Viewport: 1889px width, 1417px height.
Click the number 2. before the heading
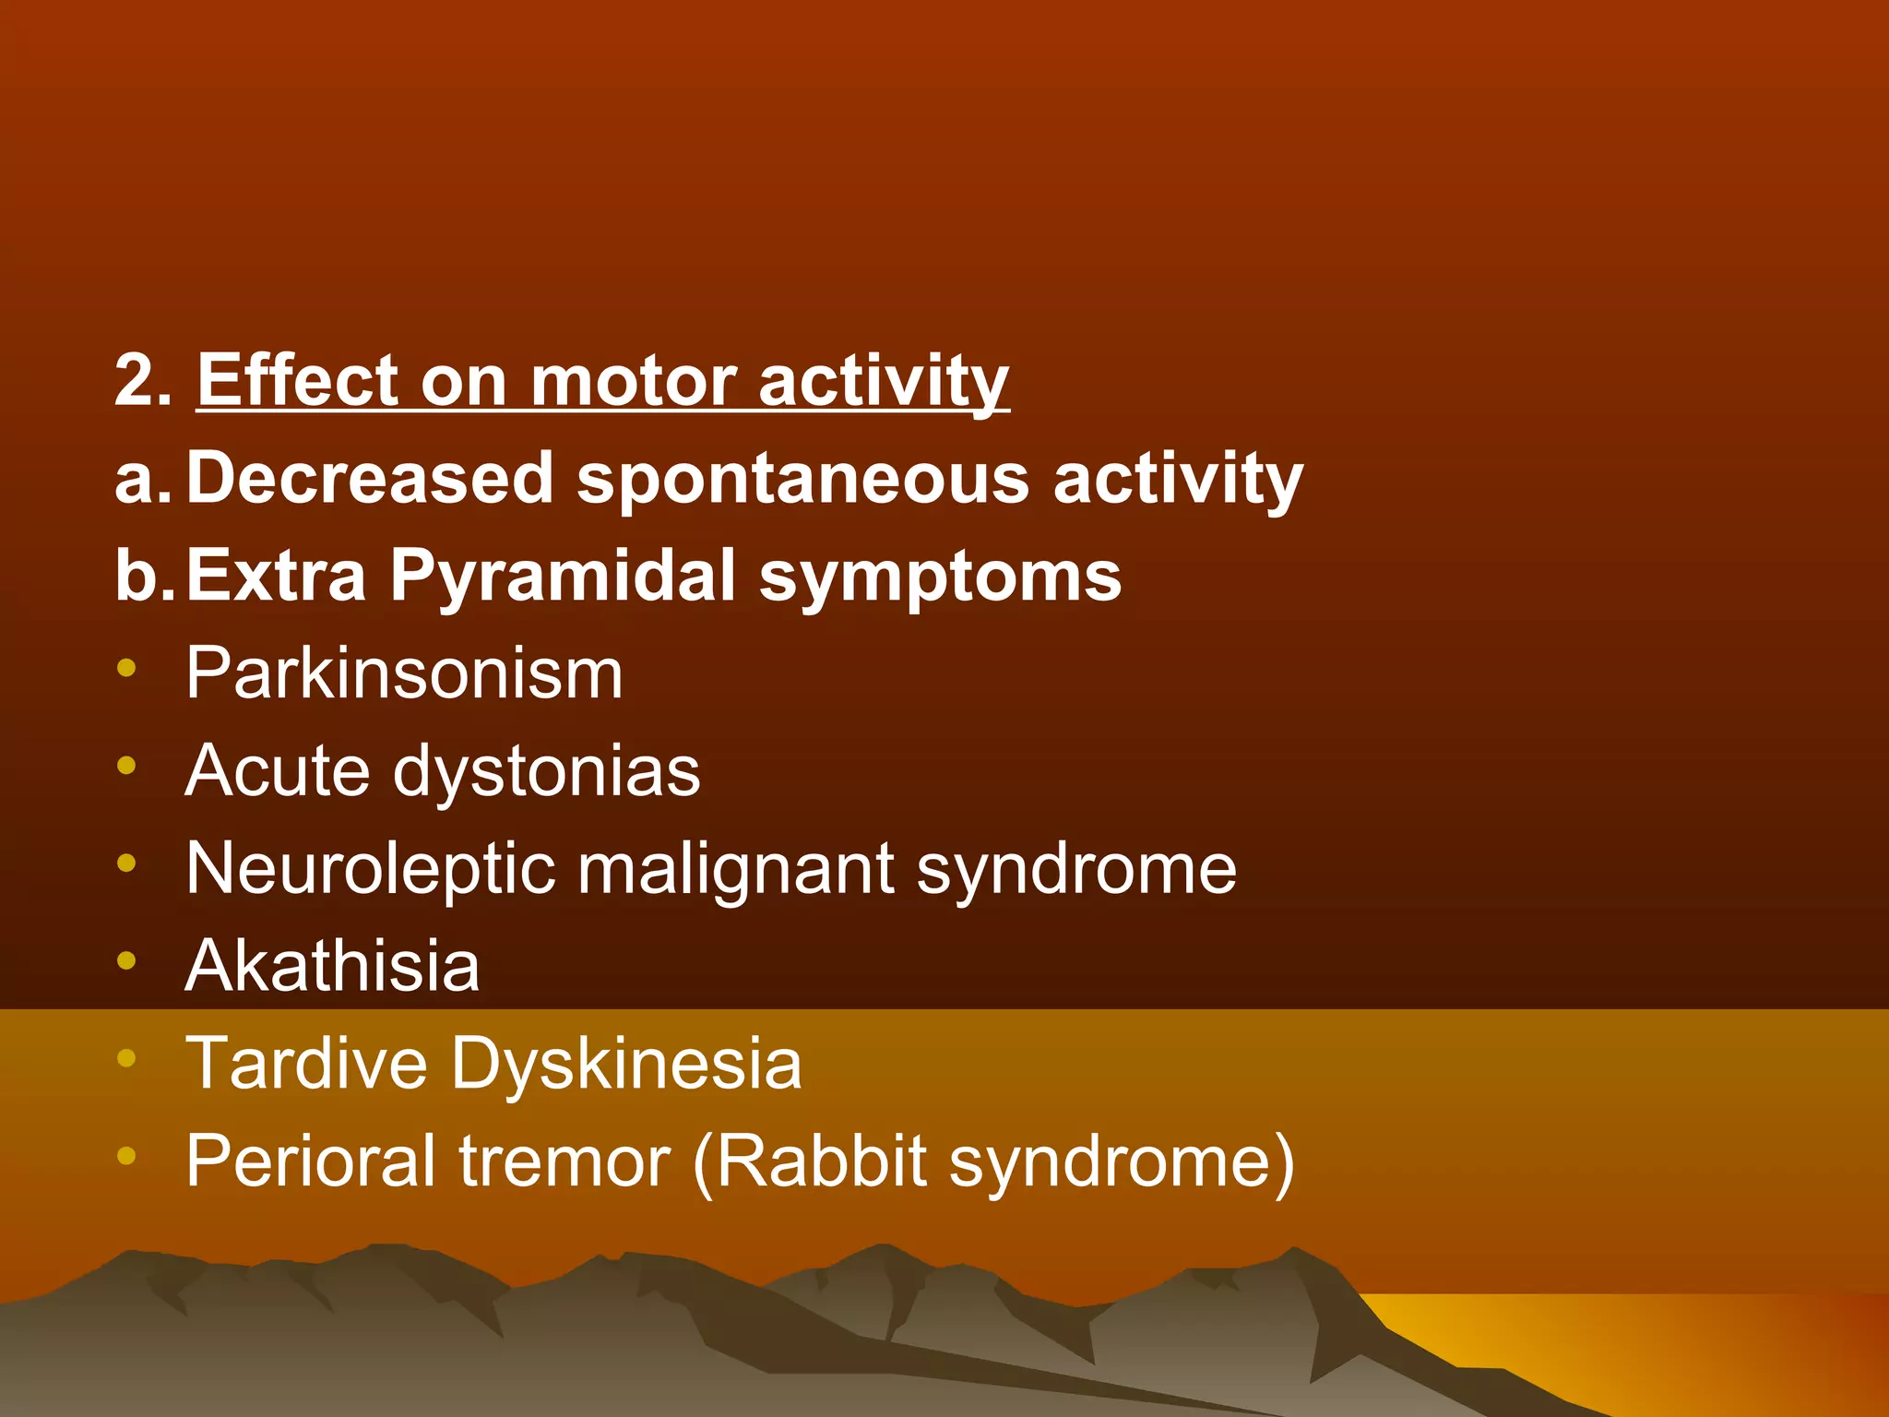pos(142,380)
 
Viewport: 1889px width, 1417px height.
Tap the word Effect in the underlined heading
pos(297,380)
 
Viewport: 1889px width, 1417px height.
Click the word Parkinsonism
pos(404,673)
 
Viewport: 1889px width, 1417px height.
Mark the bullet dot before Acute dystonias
pos(127,765)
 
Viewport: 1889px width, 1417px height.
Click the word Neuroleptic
pos(370,869)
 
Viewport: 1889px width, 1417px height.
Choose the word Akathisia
pos(332,966)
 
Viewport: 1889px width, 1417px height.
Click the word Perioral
pos(311,1161)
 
